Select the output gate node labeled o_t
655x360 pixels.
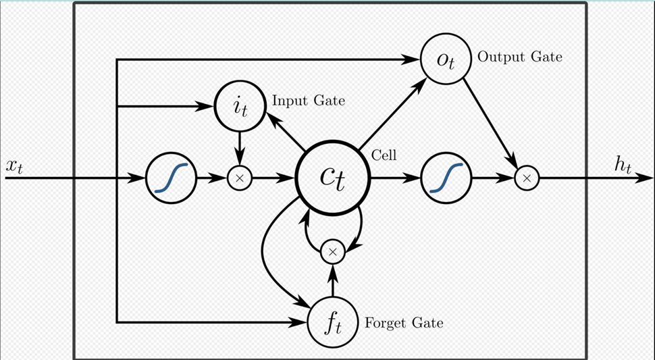[x=446, y=58]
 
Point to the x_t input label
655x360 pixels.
[x=15, y=166]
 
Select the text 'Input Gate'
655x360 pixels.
[x=309, y=101]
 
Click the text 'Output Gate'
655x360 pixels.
[x=519, y=57]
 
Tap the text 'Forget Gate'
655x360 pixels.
[x=404, y=323]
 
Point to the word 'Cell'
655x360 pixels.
[x=384, y=155]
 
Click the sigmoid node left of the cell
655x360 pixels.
[x=170, y=179]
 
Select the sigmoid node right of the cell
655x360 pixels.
[x=446, y=179]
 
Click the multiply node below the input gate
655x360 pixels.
[x=238, y=179]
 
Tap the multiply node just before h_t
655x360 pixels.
[x=527, y=179]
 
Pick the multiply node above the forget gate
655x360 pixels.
[x=332, y=253]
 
